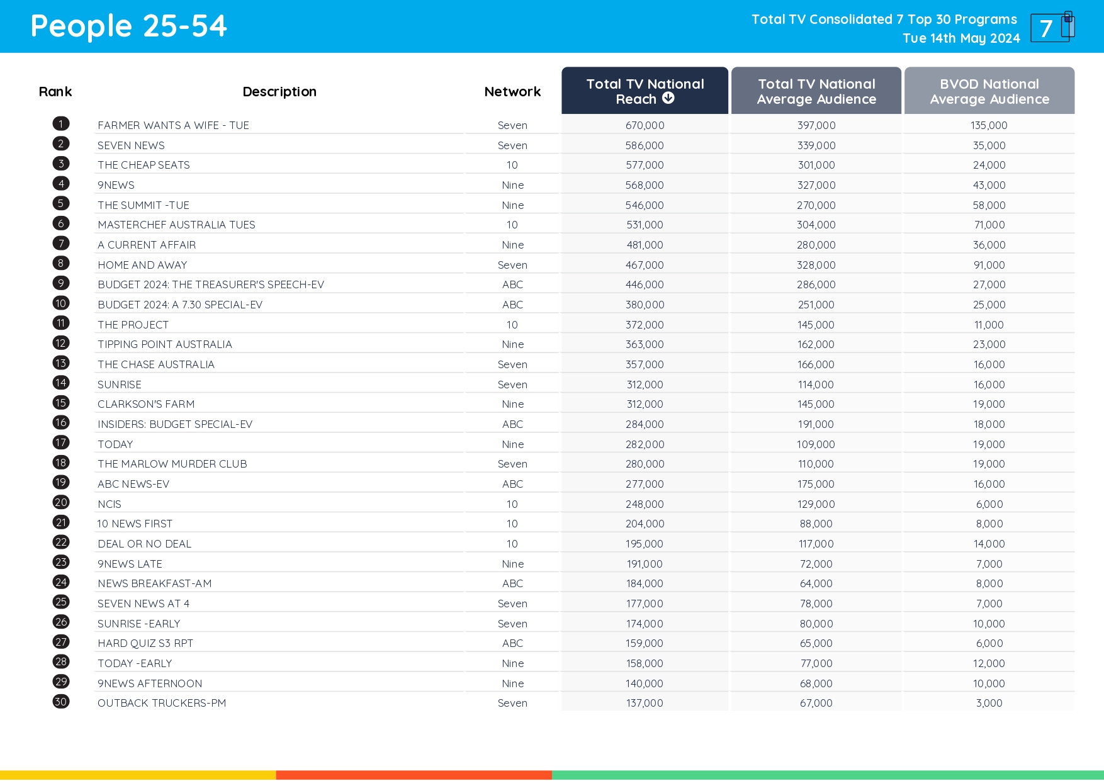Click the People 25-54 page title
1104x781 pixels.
pyautogui.click(x=128, y=26)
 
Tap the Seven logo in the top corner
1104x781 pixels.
pyautogui.click(x=1052, y=27)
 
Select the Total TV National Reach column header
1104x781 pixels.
pyautogui.click(x=645, y=91)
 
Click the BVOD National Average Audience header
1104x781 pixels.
pyautogui.click(x=989, y=91)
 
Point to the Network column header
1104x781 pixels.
pyautogui.click(x=512, y=92)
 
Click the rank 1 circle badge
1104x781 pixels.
pyautogui.click(x=61, y=124)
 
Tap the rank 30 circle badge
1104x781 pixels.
pyautogui.click(x=61, y=702)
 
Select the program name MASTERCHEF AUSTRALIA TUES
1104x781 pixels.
pyautogui.click(x=176, y=225)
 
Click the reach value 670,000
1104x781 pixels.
pyautogui.click(x=645, y=125)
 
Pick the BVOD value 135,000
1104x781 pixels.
pyautogui.click(x=989, y=125)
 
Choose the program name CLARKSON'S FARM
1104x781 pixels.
pyautogui.click(x=146, y=404)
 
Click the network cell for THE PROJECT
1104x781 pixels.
pyautogui.click(x=512, y=325)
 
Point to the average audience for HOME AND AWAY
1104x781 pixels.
pyautogui.click(x=816, y=265)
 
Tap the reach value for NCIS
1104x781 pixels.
pyautogui.click(x=645, y=504)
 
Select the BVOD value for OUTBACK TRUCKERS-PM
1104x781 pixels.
pyautogui.click(x=989, y=703)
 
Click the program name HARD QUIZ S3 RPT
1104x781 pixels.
pyautogui.click(x=145, y=643)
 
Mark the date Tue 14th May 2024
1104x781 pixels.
pyautogui.click(x=961, y=38)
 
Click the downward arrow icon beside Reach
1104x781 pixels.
pyautogui.click(x=668, y=98)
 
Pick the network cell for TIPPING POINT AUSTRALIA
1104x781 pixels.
pyautogui.click(x=512, y=344)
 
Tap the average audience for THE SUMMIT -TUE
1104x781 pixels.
pyautogui.click(x=816, y=205)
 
